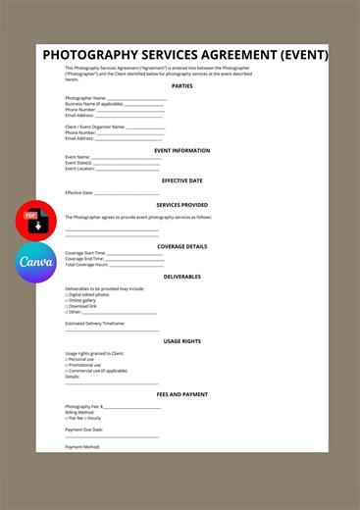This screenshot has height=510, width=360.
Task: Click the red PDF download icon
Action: coord(35,221)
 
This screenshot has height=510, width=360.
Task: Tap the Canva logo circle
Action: coord(35,263)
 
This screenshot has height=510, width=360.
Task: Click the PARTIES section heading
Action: coord(182,85)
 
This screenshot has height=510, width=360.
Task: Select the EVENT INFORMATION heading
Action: coord(182,150)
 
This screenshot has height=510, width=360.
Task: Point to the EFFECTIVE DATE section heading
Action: coord(182,180)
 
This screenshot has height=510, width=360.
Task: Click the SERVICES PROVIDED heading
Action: coord(182,204)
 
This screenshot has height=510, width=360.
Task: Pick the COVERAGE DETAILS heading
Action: coord(182,246)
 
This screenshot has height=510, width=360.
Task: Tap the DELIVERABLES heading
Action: coord(182,277)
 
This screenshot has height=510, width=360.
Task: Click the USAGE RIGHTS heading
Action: coord(182,340)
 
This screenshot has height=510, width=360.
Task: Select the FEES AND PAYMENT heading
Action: coord(182,394)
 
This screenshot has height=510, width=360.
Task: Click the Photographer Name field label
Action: coord(85,98)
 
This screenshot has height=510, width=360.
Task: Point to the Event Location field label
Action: coord(80,168)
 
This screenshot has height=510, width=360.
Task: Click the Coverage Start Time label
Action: coord(87,252)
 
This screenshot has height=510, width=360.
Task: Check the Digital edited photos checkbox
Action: coord(67,294)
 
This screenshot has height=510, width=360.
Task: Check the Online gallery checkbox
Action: coord(67,300)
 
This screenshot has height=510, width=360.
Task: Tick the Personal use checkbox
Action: coord(67,359)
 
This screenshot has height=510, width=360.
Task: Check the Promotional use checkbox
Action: coord(67,365)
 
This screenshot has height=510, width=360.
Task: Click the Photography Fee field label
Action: coord(82,406)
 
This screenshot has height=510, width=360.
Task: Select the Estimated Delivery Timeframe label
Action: coord(95,323)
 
